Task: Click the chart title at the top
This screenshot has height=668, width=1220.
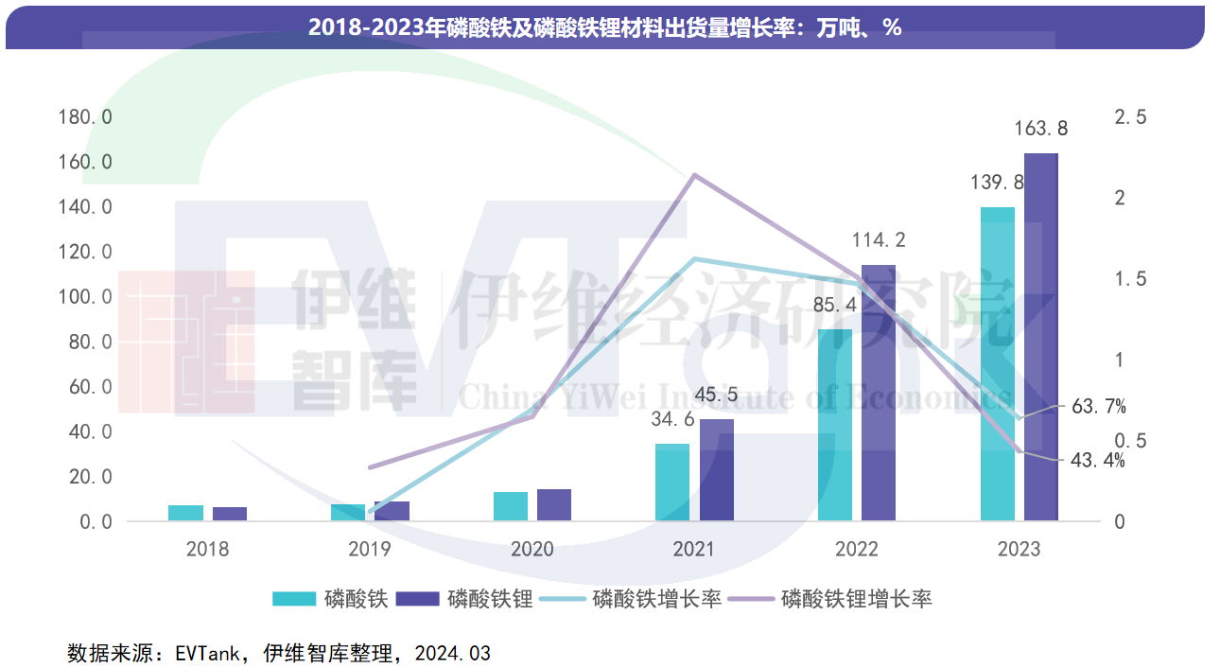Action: pyautogui.click(x=605, y=28)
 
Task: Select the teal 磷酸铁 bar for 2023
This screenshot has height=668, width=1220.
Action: pyautogui.click(x=997, y=364)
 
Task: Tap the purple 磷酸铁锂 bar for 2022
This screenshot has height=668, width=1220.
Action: pyautogui.click(x=879, y=393)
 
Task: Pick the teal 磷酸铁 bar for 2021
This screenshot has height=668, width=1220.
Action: pyautogui.click(x=672, y=482)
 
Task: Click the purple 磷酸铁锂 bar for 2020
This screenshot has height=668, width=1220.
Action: pyautogui.click(x=554, y=504)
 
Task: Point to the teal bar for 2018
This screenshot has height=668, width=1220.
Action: pyautogui.click(x=185, y=513)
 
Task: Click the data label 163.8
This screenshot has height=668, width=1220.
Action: pyautogui.click(x=1040, y=128)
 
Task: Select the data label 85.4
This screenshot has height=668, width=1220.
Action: pyautogui.click(x=836, y=306)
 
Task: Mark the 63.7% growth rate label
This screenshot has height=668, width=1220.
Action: pyautogui.click(x=1099, y=407)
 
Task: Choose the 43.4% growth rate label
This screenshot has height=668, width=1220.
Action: pyautogui.click(x=1097, y=461)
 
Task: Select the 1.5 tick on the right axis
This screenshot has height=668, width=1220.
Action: pyautogui.click(x=1131, y=278)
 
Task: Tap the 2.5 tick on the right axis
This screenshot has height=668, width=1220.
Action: pyautogui.click(x=1131, y=116)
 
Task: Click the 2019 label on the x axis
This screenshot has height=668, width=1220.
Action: pyautogui.click(x=371, y=549)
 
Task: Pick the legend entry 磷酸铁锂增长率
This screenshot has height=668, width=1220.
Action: pyautogui.click(x=856, y=598)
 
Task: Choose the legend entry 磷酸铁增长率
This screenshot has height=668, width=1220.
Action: pyautogui.click(x=656, y=598)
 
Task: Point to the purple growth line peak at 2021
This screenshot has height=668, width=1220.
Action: pyautogui.click(x=694, y=175)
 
